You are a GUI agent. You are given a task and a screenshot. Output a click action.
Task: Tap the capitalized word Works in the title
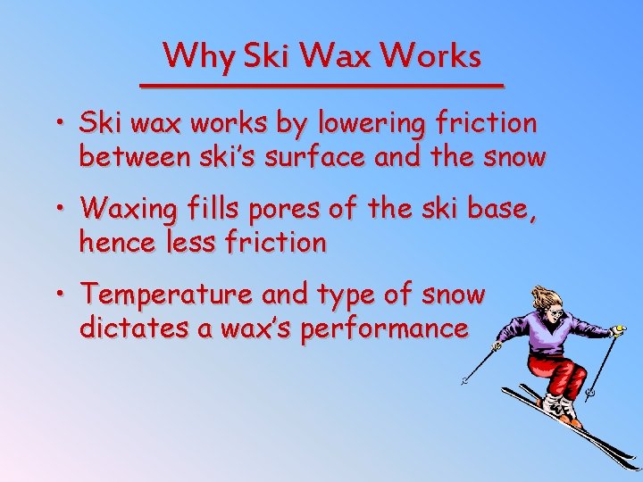pyautogui.click(x=430, y=56)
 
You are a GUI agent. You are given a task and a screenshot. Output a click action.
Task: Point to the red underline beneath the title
pyautogui.click(x=322, y=84)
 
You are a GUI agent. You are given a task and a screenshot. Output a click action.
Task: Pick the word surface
pyautogui.click(x=319, y=158)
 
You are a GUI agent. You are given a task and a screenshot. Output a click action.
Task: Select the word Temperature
pyautogui.click(x=163, y=293)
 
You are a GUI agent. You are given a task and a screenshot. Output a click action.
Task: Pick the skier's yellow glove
pyautogui.click(x=617, y=331)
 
